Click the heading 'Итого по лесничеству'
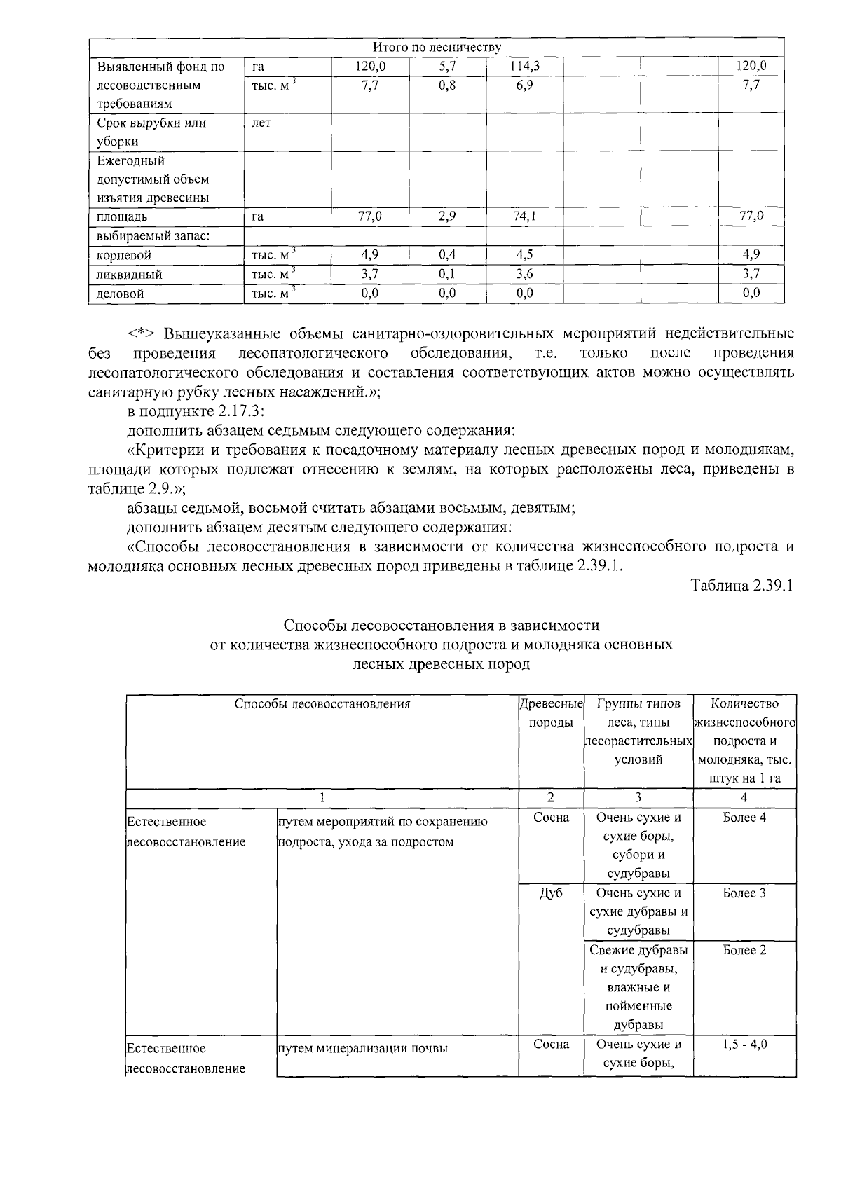tap(437, 48)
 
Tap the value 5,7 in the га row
tap(447, 67)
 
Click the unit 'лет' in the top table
tap(261, 123)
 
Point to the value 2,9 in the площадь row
tap(447, 216)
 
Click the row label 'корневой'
tap(124, 256)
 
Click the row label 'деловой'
tap(121, 294)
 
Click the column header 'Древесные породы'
tap(551, 713)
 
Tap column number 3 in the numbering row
tap(638, 798)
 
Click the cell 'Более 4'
tap(744, 818)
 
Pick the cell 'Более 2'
tap(744, 950)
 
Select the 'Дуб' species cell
tap(551, 893)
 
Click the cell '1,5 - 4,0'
tap(744, 1045)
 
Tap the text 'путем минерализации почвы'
tap(362, 1049)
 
